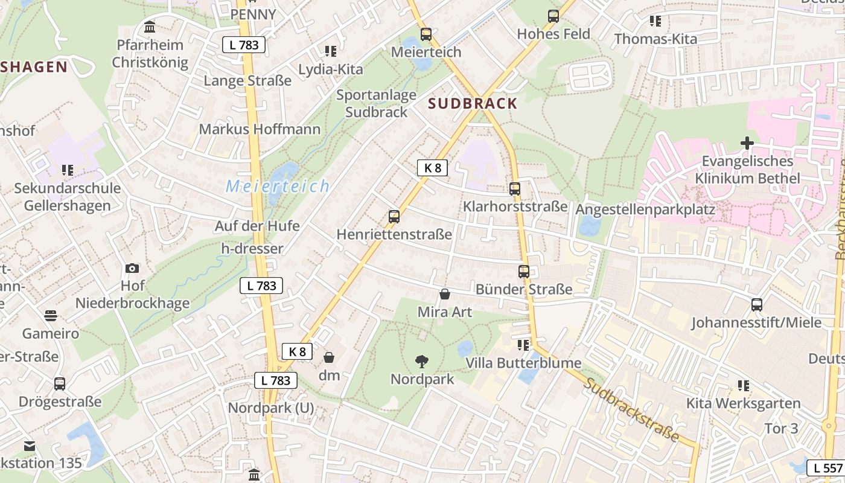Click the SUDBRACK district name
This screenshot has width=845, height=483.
click(473, 103)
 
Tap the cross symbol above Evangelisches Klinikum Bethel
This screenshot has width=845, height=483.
click(747, 144)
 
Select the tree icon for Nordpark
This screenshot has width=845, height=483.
click(422, 362)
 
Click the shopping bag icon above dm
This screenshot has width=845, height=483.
click(329, 358)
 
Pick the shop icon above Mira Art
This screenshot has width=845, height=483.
click(445, 295)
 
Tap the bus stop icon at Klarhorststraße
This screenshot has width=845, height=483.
click(515, 189)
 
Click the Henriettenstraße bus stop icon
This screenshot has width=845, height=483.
click(394, 216)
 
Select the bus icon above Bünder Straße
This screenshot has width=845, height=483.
click(524, 272)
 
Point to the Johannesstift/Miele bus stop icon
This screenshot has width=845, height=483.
click(757, 305)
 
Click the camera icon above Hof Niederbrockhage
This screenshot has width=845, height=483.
click(132, 268)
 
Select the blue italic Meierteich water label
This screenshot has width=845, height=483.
click(278, 186)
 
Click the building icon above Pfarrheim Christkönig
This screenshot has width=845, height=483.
click(150, 27)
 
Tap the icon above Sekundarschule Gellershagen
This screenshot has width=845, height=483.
click(67, 170)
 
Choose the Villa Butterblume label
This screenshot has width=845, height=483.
click(523, 363)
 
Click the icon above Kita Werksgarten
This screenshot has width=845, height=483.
click(743, 385)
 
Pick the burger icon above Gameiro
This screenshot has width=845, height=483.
click(51, 315)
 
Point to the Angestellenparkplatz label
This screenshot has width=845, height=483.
click(645, 210)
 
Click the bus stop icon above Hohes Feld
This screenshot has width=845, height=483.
click(553, 16)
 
